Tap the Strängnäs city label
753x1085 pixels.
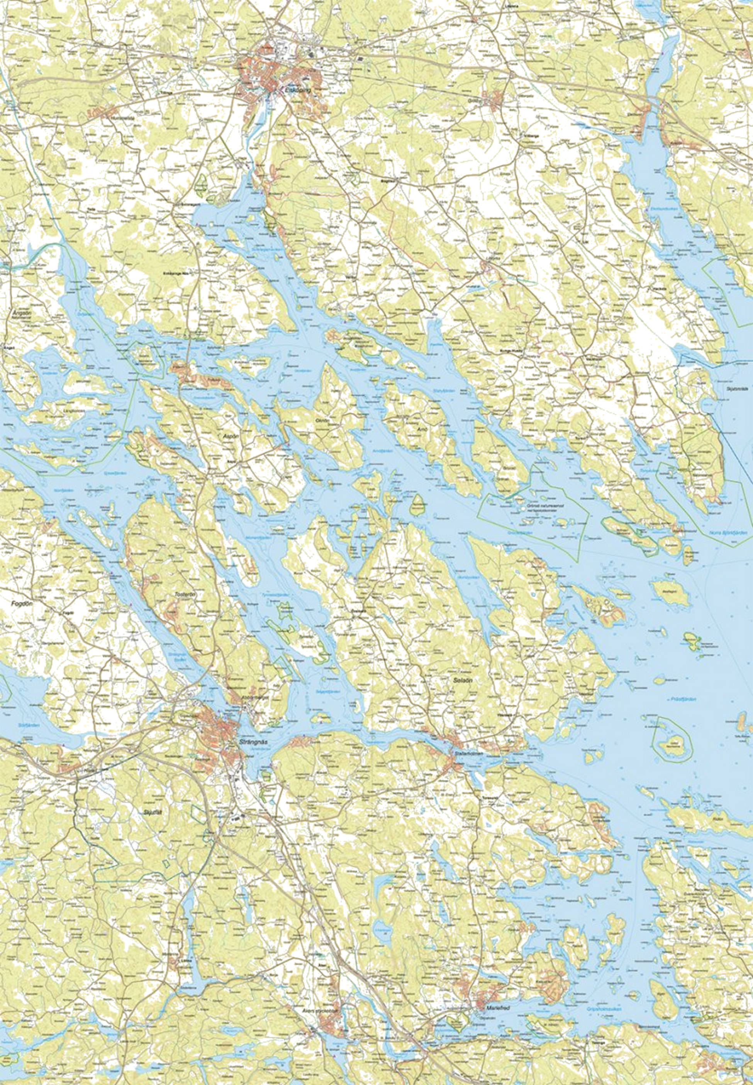click(x=251, y=742)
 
